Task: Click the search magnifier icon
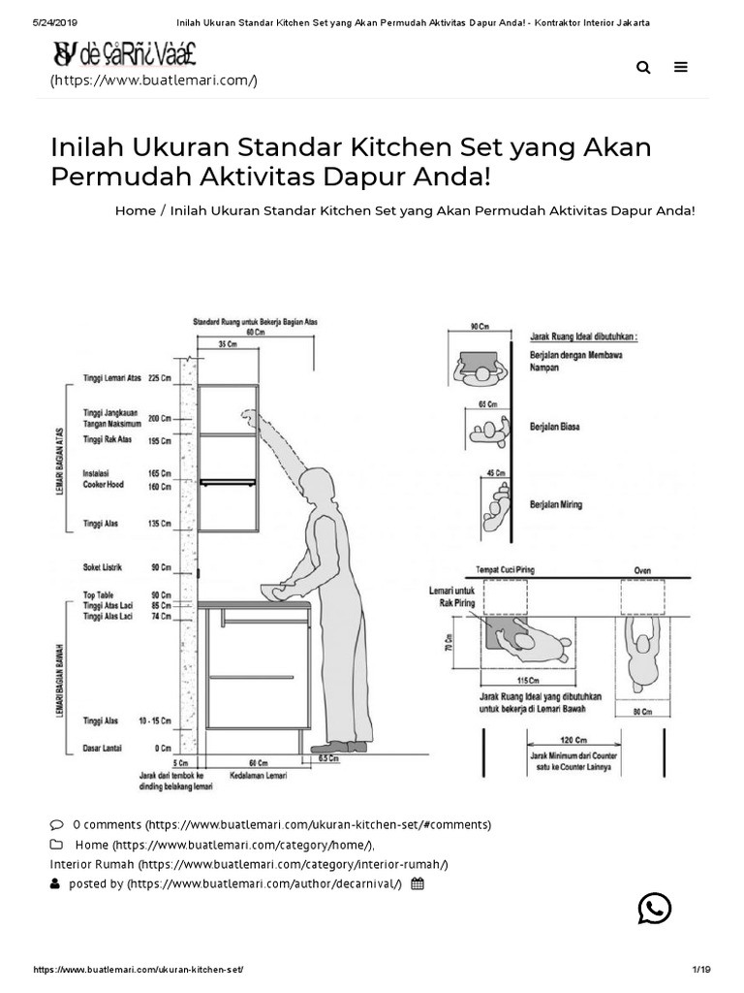click(x=644, y=67)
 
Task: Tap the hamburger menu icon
click(x=681, y=67)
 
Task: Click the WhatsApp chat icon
click(x=655, y=909)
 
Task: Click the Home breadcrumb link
click(x=135, y=210)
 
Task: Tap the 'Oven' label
click(x=642, y=569)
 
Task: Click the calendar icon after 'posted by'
click(x=417, y=883)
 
